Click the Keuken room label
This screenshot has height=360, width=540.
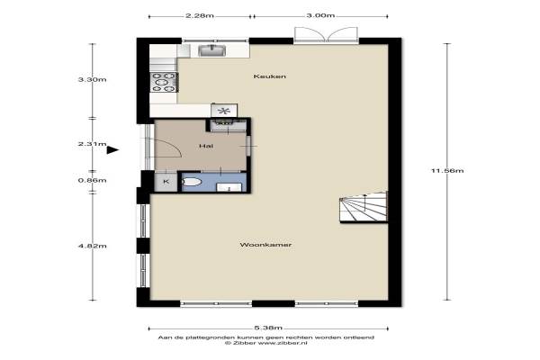pyautogui.click(x=270, y=76)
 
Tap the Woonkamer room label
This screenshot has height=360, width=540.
pyautogui.click(x=265, y=245)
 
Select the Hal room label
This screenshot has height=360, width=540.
pyautogui.click(x=206, y=146)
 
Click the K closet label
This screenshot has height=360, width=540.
pyautogui.click(x=166, y=182)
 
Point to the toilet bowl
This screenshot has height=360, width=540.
pyautogui.click(x=191, y=182)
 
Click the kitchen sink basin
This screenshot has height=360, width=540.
pyautogui.click(x=212, y=51)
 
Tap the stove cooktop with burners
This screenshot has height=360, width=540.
pyautogui.click(x=164, y=82)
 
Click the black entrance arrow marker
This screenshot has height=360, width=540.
pyautogui.click(x=112, y=150)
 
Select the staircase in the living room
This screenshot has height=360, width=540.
pyautogui.click(x=364, y=207)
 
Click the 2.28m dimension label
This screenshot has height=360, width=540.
pyautogui.click(x=200, y=15)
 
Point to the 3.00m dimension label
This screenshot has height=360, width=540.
pyautogui.click(x=320, y=15)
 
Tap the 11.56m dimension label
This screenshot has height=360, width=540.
pyautogui.click(x=447, y=170)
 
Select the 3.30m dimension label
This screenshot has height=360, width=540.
pyautogui.click(x=93, y=79)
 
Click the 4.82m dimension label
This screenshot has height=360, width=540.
pyautogui.click(x=93, y=246)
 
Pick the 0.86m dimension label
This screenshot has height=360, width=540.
pyautogui.click(x=93, y=181)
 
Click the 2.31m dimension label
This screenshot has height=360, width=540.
pyautogui.click(x=93, y=144)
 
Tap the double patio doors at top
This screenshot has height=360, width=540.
pyautogui.click(x=326, y=35)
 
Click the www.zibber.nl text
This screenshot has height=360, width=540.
pyautogui.click(x=282, y=343)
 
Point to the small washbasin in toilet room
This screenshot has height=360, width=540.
pyautogui.click(x=229, y=188)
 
